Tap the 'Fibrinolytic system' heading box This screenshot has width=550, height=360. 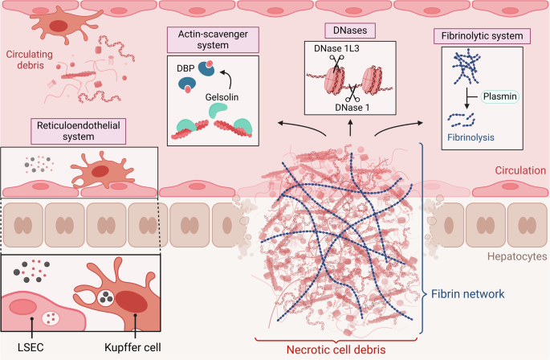point(482,37)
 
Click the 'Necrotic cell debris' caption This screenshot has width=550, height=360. point(340,349)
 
